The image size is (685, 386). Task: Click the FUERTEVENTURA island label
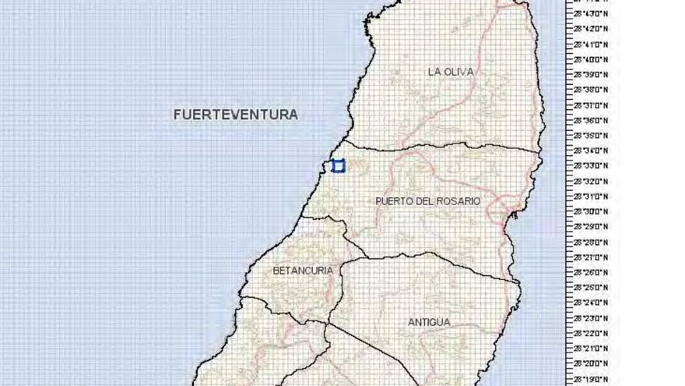[x=235, y=115]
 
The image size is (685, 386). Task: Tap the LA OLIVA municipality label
[x=450, y=72]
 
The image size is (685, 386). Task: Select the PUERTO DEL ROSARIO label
[x=427, y=201]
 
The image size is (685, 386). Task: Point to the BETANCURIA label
[x=303, y=271]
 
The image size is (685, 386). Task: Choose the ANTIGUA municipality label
[x=428, y=322]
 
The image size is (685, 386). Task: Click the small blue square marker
[x=338, y=165]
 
